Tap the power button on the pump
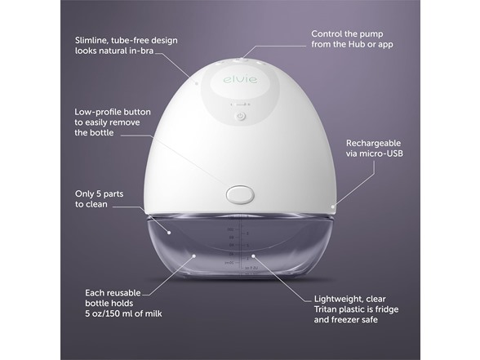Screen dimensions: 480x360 pyautogui.click(x=242, y=117)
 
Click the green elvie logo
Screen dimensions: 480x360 pyautogui.click(x=240, y=79)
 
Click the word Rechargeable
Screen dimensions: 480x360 pyautogui.click(x=373, y=143)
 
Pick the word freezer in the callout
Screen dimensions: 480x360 pyautogui.click(x=345, y=320)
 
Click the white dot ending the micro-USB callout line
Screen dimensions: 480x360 pyautogui.click(x=333, y=207)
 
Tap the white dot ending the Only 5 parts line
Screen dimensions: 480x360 pyautogui.click(x=169, y=233)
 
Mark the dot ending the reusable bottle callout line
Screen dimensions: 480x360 pyautogui.click(x=193, y=256)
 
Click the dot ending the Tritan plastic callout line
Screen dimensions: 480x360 pyautogui.click(x=253, y=256)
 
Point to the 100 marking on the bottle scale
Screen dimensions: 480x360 pyautogui.click(x=229, y=229)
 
